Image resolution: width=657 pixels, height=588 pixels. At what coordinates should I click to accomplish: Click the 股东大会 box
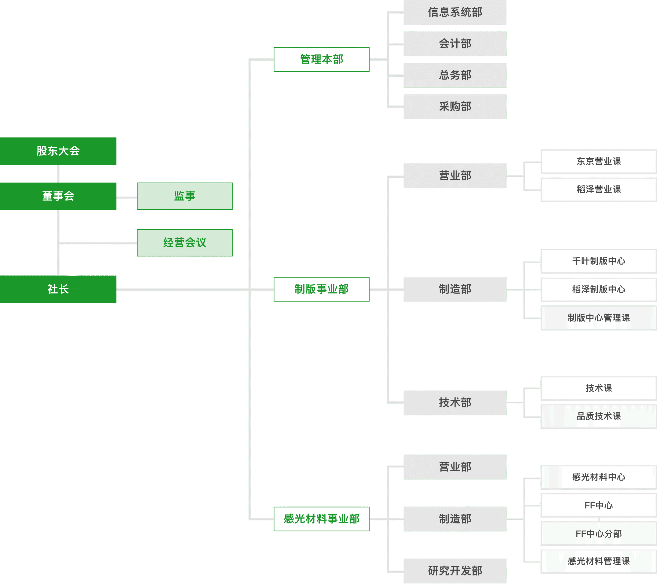(x=58, y=151)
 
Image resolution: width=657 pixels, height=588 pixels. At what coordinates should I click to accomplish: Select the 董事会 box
(x=58, y=196)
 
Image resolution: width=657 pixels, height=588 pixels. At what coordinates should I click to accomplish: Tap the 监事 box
(x=185, y=196)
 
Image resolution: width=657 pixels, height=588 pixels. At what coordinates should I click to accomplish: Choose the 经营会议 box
(x=185, y=243)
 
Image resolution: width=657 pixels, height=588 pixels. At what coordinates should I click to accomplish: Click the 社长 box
(x=58, y=289)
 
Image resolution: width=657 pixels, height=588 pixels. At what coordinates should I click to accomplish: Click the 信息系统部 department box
(x=455, y=12)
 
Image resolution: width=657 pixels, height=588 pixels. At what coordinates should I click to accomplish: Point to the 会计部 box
(x=455, y=44)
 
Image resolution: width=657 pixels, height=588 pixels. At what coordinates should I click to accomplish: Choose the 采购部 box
(x=455, y=107)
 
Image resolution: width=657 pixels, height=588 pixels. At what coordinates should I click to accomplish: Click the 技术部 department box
(x=455, y=403)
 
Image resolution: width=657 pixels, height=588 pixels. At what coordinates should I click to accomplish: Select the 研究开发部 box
(x=455, y=571)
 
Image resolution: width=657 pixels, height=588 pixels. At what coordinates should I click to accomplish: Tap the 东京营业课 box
(x=598, y=162)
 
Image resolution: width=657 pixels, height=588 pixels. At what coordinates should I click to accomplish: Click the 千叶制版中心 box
(x=598, y=261)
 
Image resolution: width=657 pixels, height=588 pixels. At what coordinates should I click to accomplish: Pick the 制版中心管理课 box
(x=598, y=318)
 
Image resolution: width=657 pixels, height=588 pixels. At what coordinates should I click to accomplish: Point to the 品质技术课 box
(x=598, y=416)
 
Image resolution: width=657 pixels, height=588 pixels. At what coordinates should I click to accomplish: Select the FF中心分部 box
(x=598, y=534)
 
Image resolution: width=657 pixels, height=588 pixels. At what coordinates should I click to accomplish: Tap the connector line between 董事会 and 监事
(x=127, y=199)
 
